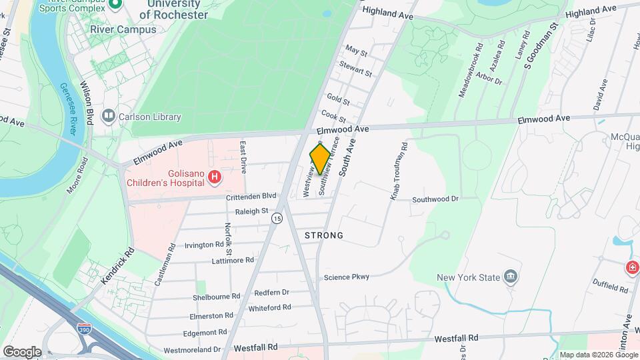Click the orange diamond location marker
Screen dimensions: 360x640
click(320, 159)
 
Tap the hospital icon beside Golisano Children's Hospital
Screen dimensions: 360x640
click(215, 177)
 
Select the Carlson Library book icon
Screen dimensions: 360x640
click(108, 117)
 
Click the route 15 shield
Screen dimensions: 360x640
click(277, 218)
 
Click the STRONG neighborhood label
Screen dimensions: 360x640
click(324, 235)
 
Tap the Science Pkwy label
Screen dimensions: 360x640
click(346, 277)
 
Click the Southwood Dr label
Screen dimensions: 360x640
click(435, 199)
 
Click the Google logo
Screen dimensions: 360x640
click(21, 351)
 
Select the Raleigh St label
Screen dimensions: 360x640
click(251, 211)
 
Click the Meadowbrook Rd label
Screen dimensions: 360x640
click(470, 71)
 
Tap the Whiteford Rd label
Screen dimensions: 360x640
click(269, 307)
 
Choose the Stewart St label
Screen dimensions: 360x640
click(355, 68)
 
